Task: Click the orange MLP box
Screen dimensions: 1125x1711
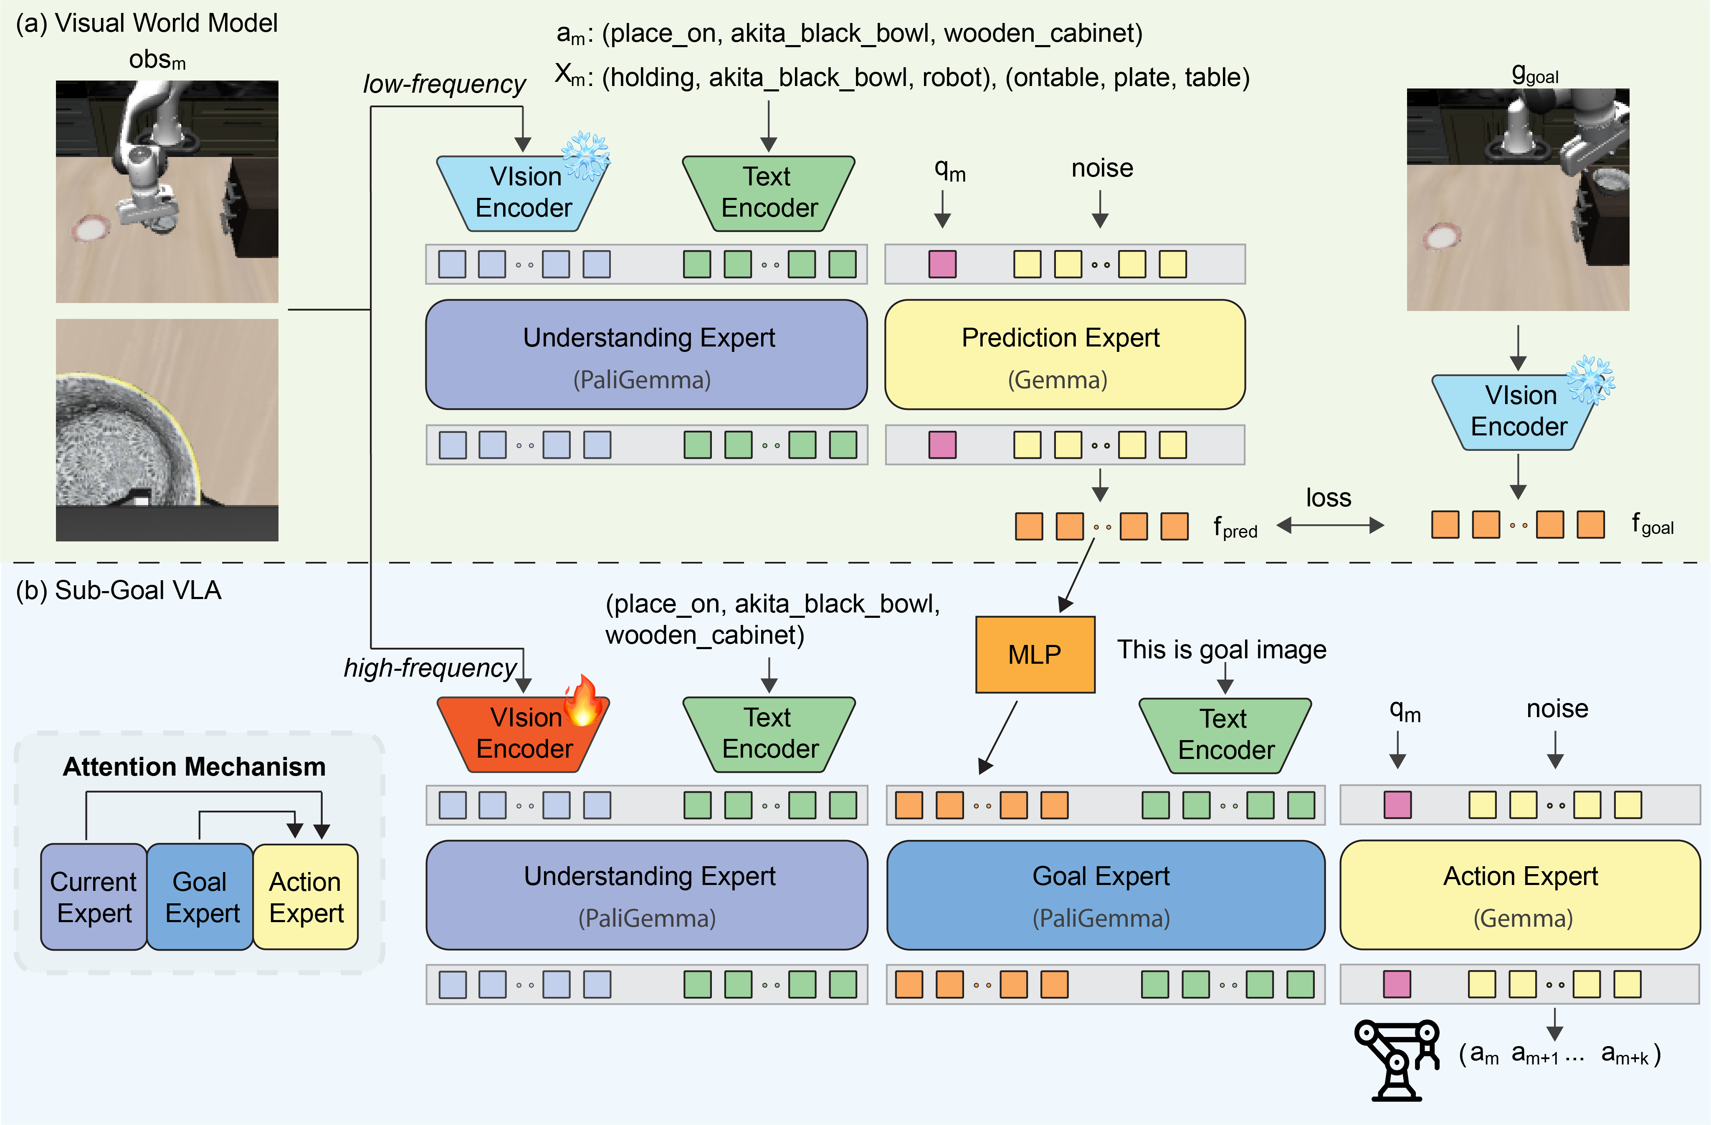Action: pos(1035,654)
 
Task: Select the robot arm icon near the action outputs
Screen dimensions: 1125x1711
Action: pos(1396,1059)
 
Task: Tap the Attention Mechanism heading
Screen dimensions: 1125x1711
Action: pos(194,766)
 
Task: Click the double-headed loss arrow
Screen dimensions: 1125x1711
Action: pos(1330,526)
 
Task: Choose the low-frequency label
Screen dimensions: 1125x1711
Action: pos(443,84)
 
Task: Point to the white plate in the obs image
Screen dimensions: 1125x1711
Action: pos(91,229)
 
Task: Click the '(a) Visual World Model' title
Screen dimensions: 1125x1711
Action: pos(147,23)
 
